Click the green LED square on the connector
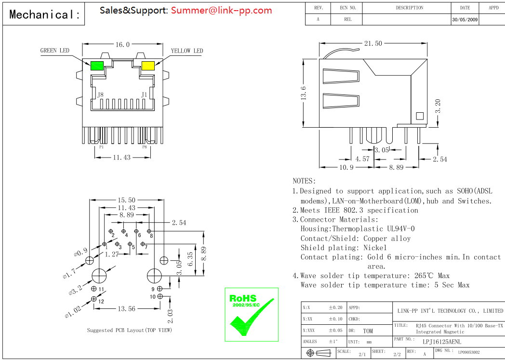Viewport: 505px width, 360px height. pos(97,66)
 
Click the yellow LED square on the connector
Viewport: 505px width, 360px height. pos(147,66)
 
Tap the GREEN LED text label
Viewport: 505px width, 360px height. pos(54,51)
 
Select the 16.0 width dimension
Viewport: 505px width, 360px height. pos(122,44)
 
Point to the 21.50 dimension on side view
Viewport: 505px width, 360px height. pos(372,43)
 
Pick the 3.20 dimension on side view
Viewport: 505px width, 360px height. pos(438,106)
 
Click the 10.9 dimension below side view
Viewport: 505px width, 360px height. pos(346,167)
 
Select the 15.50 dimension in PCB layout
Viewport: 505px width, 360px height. pos(127,200)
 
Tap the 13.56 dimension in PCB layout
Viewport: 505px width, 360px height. pos(126,308)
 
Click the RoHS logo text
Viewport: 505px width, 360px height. pos(243,298)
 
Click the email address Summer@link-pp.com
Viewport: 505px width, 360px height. pos(221,10)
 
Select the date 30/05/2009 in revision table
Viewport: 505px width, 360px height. pos(465,20)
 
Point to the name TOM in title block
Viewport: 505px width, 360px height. pos(368,331)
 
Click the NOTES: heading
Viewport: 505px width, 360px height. pos(304,181)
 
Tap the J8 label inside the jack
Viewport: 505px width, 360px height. pos(100,95)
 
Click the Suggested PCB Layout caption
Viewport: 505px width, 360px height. pos(129,330)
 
